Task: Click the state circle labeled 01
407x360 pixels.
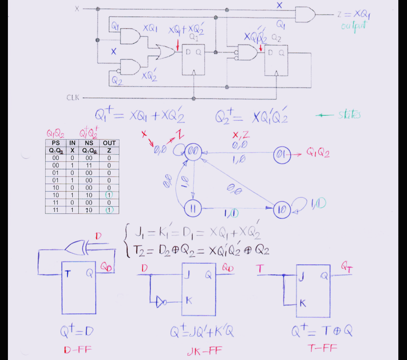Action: (282, 154)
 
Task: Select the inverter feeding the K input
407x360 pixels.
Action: (161, 302)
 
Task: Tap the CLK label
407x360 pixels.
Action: (73, 98)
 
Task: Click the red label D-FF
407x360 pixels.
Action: (78, 350)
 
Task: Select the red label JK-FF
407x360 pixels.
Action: (205, 352)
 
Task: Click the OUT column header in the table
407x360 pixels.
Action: (109, 143)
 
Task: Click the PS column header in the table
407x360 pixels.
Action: (55, 143)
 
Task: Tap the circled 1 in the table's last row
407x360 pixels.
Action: (109, 210)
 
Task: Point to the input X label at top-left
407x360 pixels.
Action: (77, 9)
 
